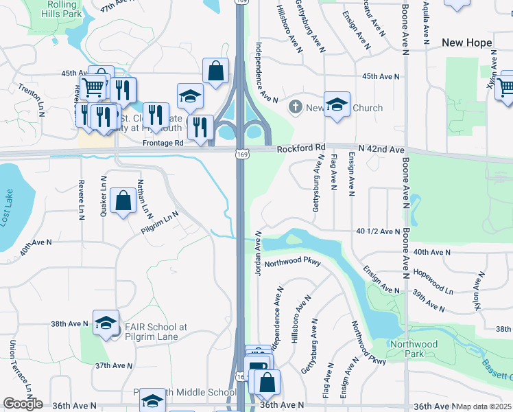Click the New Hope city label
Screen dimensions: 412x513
tap(466, 43)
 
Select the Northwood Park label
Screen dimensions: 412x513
tap(414, 349)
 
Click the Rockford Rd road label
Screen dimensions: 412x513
tap(301, 148)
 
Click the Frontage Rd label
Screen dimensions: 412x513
tap(163, 144)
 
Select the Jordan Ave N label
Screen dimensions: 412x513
tap(259, 253)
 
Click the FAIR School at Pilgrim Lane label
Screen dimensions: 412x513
tap(156, 332)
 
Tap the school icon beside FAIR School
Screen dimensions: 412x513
tap(106, 324)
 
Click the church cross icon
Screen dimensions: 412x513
tap(296, 107)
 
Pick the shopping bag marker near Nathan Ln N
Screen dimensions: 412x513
tap(122, 201)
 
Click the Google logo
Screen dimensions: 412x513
tap(23, 404)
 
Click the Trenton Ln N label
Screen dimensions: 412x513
tap(31, 100)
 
